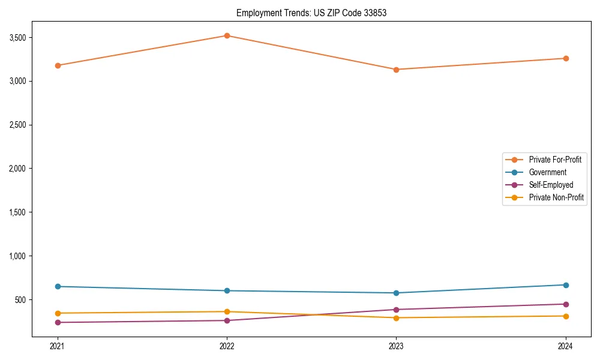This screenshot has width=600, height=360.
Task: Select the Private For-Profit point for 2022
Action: point(227,35)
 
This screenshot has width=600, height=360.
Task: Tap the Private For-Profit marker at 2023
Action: point(396,70)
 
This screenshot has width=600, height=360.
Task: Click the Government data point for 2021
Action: point(58,286)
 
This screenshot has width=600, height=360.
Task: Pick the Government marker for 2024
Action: point(566,285)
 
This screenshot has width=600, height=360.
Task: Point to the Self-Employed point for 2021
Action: point(58,322)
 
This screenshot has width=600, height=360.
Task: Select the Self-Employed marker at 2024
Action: point(566,304)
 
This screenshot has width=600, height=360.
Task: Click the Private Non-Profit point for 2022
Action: point(227,311)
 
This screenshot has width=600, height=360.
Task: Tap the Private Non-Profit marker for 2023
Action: point(396,318)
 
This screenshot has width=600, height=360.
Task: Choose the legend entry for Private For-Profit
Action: point(555,160)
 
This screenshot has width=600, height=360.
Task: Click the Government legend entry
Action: point(547,172)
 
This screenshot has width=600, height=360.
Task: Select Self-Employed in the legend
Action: point(551,185)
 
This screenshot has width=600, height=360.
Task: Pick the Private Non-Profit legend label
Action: point(556,197)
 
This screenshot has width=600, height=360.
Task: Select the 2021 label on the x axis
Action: point(58,346)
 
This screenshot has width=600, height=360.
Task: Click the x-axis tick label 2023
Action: point(396,346)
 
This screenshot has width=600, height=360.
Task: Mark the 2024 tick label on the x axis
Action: point(566,346)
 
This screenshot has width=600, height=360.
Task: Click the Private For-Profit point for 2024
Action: point(566,58)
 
